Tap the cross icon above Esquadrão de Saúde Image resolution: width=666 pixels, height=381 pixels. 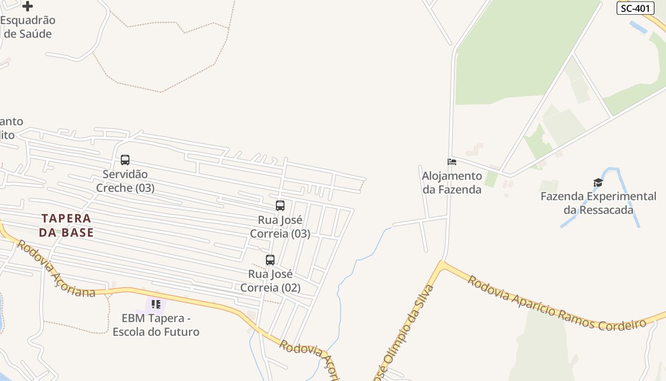tap(28, 6)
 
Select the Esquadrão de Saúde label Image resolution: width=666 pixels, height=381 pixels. tap(28, 27)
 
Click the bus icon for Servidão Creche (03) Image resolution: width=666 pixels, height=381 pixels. tap(125, 160)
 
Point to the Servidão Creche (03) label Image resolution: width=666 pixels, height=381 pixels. tap(125, 181)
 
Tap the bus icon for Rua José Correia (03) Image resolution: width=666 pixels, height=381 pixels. tap(280, 206)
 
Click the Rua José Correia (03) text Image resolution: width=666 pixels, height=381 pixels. tap(280, 227)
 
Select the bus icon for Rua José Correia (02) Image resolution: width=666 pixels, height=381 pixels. tap(270, 260)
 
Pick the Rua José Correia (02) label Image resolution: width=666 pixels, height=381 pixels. tap(270, 281)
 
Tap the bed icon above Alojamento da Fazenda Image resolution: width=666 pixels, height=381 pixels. tap(452, 162)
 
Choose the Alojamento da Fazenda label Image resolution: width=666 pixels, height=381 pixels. tap(452, 183)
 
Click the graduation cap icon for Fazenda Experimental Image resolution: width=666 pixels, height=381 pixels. tap(598, 183)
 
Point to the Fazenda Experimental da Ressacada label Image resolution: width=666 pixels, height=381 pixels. tap(598, 203)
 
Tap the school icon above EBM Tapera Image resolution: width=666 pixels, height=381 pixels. tap(156, 304)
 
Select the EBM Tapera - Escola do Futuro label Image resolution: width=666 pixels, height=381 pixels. tap(156, 325)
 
